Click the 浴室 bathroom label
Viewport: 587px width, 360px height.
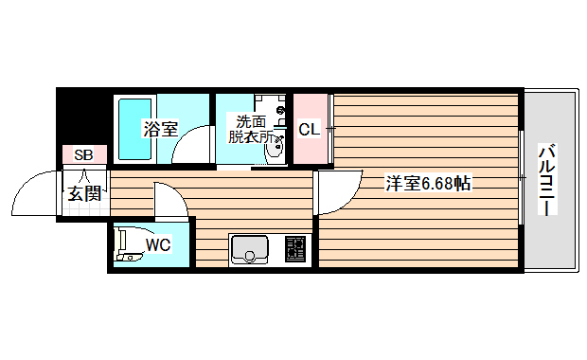pos(161,129)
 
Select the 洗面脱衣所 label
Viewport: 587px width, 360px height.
pos(252,129)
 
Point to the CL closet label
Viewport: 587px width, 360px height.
pos(309,129)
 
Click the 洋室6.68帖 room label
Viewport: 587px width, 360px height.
pos(429,184)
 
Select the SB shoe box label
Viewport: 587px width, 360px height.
pos(83,154)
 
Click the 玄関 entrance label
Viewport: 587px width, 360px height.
pos(83,194)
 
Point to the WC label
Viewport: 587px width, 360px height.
pos(157,245)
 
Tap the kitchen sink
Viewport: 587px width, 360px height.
pos(250,249)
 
